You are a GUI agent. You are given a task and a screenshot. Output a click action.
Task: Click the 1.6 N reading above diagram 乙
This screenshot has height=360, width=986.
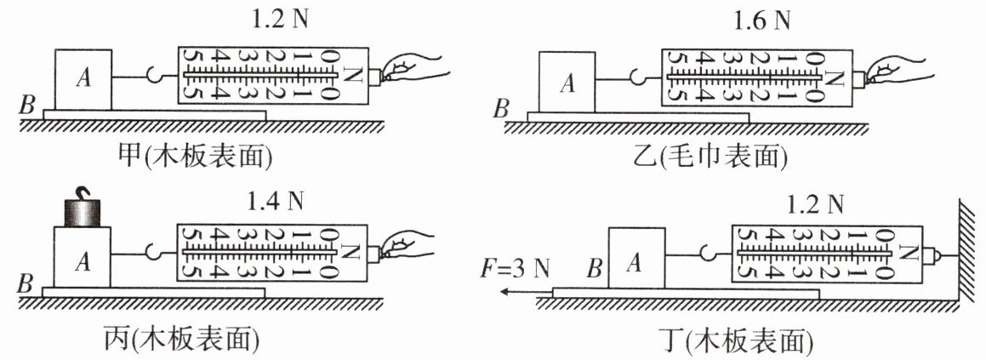761,20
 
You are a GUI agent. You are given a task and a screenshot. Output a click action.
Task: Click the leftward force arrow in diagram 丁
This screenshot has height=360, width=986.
523,291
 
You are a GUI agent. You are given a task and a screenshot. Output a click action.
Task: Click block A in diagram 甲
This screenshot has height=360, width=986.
83,79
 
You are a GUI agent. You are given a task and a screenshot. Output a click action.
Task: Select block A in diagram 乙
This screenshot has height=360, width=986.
567,83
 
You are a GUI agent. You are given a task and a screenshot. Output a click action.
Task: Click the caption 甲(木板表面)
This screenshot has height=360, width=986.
197,157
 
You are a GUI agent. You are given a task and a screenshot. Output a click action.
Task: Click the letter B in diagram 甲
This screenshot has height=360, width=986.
26,106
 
